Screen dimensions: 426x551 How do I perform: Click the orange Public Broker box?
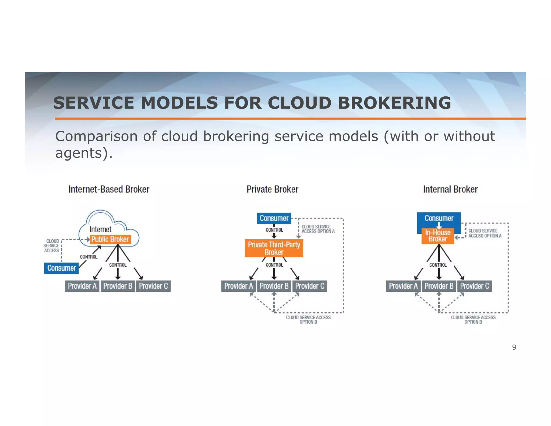coord(110,239)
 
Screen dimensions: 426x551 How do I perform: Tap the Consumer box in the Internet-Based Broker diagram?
coord(61,268)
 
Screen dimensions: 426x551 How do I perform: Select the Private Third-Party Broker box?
coord(274,248)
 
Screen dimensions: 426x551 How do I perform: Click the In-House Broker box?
coord(438,236)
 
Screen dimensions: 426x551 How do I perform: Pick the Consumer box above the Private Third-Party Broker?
coord(274,218)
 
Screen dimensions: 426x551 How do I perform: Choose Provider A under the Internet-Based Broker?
coord(82,286)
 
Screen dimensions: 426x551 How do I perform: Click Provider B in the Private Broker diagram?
coord(274,286)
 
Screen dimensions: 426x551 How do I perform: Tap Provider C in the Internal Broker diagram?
coord(474,286)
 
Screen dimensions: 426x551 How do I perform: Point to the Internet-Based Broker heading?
coord(109,189)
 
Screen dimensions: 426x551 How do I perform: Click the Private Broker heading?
coord(272,189)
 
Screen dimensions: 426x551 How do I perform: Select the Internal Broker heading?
coord(450,189)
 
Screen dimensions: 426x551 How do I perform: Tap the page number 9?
coord(514,347)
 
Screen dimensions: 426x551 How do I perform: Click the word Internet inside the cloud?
coord(100,229)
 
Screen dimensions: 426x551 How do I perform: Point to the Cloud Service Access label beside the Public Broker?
coord(51,246)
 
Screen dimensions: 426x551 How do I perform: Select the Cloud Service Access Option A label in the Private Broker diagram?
coord(318,229)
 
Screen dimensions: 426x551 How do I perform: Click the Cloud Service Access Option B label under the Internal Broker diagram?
coord(473,320)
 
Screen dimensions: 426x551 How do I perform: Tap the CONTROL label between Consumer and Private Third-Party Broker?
coord(274,230)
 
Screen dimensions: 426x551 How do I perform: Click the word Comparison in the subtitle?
coord(96,136)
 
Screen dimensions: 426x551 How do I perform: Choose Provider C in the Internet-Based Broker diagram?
coord(153,286)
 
